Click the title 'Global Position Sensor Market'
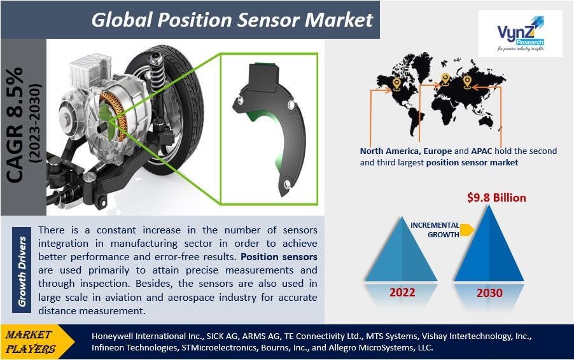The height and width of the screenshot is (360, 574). (x=232, y=20)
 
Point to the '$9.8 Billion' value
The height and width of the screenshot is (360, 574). (x=496, y=198)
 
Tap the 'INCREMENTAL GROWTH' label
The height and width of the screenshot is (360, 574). (x=435, y=230)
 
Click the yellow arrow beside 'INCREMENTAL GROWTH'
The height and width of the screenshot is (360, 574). (x=467, y=230)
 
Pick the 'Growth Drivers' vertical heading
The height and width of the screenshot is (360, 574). (x=23, y=272)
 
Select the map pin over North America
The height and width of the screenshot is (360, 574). (x=397, y=83)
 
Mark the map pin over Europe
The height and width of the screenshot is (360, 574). (x=445, y=80)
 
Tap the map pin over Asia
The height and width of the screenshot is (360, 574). (x=468, y=82)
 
